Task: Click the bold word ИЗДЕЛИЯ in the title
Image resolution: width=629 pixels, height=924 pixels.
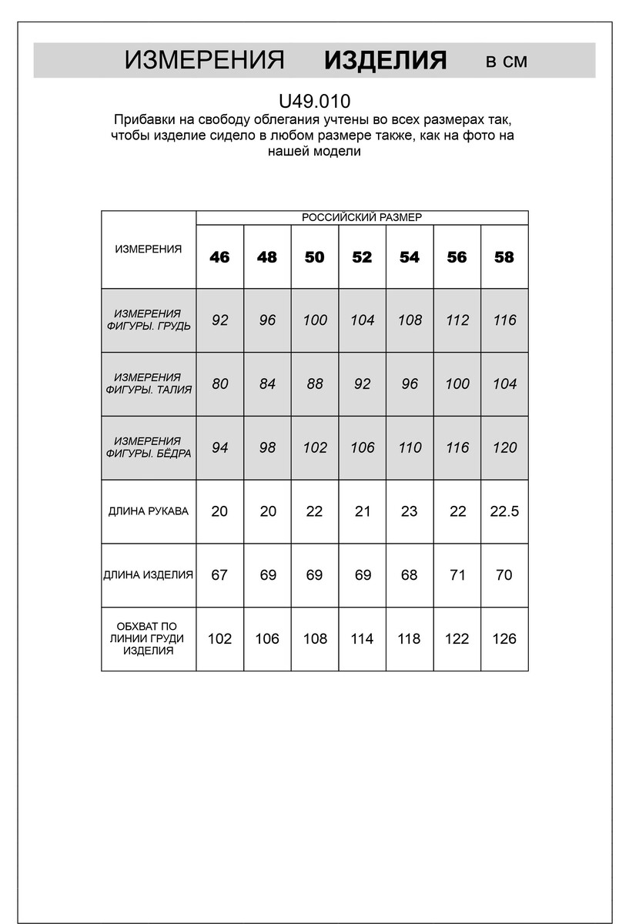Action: (385, 61)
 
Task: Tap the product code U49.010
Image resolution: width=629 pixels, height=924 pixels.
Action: (314, 101)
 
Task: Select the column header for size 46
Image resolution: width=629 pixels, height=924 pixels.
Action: (219, 257)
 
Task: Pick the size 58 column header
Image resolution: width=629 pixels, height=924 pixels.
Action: (504, 257)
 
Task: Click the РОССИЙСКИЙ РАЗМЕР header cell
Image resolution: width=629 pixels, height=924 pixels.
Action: (362, 218)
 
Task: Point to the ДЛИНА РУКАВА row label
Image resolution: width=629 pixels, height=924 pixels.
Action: (149, 511)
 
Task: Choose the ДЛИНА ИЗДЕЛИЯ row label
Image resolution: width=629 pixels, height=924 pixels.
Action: (149, 575)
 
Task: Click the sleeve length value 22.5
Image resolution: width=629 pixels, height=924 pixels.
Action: (504, 511)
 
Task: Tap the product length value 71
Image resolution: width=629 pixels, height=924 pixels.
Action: (457, 575)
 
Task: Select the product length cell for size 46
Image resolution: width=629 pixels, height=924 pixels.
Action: (219, 575)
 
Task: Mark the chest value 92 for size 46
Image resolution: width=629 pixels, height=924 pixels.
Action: (219, 320)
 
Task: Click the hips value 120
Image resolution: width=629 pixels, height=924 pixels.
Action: (504, 447)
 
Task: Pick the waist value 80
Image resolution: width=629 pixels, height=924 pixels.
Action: (219, 383)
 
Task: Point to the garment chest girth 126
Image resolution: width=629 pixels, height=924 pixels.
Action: (504, 638)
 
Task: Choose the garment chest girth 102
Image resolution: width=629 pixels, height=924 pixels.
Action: (219, 638)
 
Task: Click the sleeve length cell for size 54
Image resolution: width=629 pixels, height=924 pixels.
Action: (410, 511)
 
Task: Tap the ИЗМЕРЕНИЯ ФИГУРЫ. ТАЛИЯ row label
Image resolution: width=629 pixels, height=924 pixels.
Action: (149, 383)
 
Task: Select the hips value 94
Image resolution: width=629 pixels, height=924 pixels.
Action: (219, 447)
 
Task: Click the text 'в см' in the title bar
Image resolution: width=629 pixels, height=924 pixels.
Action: (507, 62)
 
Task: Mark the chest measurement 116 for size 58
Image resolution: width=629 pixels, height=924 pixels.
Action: (504, 320)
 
